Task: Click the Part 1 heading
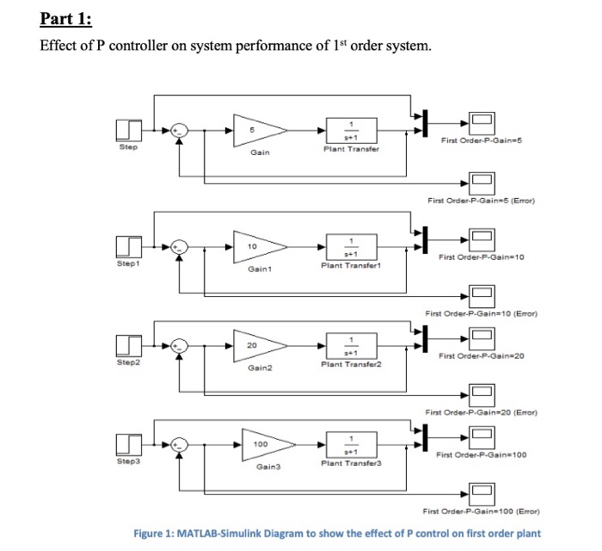click(66, 19)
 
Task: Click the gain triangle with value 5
click(259, 130)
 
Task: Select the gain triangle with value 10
click(259, 248)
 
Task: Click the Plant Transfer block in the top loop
click(349, 130)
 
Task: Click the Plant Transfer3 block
click(349, 445)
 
